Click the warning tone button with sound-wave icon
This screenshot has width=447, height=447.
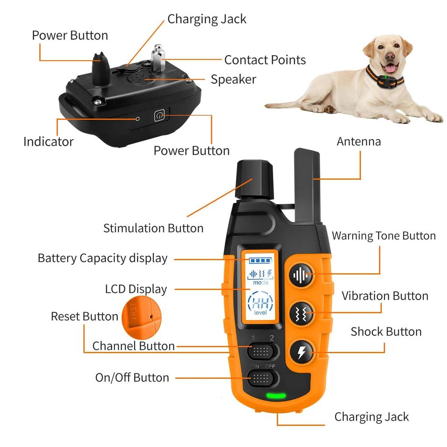pyautogui.click(x=301, y=275)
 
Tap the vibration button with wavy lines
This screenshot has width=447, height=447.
pyautogui.click(x=301, y=313)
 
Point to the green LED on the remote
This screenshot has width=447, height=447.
pyautogui.click(x=276, y=396)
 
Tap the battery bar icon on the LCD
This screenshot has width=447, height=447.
pyautogui.click(x=260, y=261)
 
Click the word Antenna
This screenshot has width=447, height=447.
pyautogui.click(x=358, y=141)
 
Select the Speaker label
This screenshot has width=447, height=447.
pyautogui.click(x=233, y=79)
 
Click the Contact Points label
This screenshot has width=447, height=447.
pyautogui.click(x=265, y=60)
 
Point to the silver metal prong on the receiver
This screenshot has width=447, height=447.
pyautogui.click(x=158, y=58)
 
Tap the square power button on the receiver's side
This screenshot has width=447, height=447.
pyautogui.click(x=159, y=116)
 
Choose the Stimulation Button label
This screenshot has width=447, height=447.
pyautogui.click(x=153, y=228)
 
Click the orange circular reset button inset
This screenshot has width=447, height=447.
pyautogui.click(x=141, y=314)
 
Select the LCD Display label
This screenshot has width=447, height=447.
pyautogui.click(x=136, y=289)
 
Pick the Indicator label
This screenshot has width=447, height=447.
pyautogui.click(x=48, y=141)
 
